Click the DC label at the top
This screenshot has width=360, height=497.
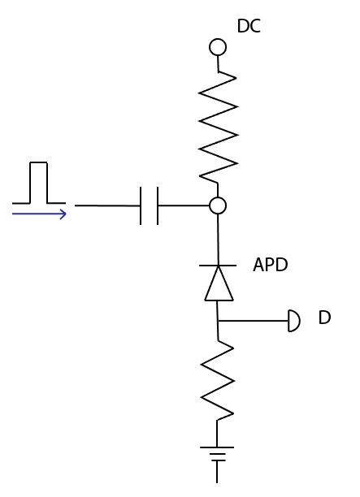249,27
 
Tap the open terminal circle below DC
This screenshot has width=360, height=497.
218,47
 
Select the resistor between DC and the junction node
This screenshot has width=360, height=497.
218,126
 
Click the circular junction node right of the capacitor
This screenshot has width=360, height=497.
218,206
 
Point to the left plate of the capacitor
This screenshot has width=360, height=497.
141,206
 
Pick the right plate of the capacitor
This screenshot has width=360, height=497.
158,206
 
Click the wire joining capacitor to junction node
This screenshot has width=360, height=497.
184,206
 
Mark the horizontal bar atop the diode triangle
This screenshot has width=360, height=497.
218,266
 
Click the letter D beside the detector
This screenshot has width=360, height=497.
324,318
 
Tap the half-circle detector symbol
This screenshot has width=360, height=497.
294,322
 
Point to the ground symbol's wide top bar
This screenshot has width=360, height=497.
218,447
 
